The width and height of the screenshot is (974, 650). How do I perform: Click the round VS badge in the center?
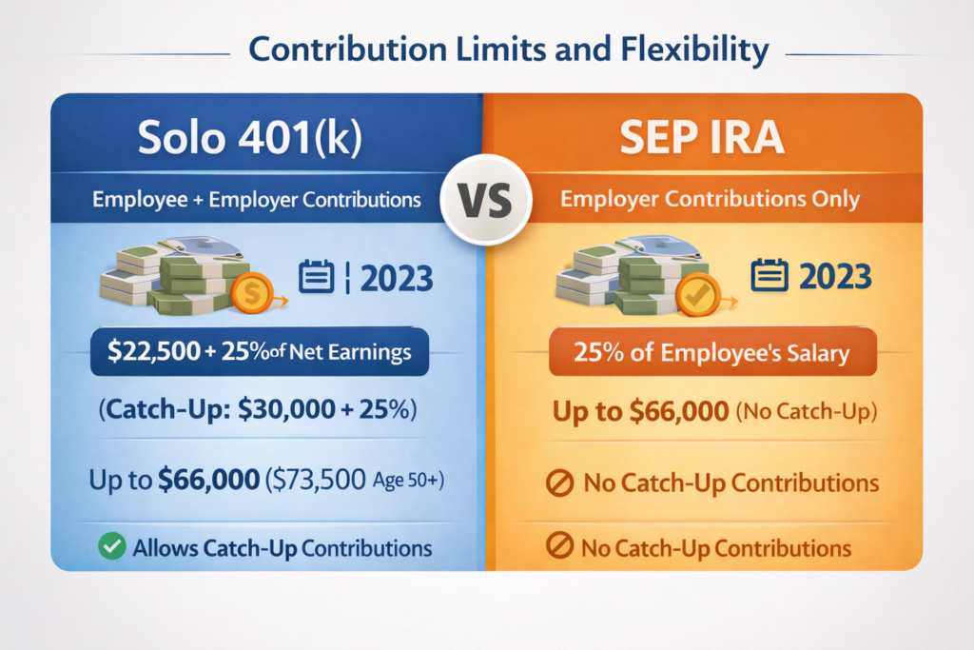[x=486, y=200]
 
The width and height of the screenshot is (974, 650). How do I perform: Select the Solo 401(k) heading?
[x=250, y=137]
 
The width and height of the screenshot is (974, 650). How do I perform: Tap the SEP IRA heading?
[x=702, y=137]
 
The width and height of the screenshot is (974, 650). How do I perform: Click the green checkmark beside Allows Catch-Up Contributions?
[x=112, y=546]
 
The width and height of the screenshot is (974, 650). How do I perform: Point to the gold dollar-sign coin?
[x=251, y=293]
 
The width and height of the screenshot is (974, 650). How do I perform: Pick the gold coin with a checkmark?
[x=697, y=295]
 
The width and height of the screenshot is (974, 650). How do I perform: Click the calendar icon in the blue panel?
[x=316, y=277]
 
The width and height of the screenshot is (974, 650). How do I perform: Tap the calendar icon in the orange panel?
[x=769, y=275]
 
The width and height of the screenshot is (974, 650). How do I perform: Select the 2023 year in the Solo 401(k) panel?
[x=397, y=279]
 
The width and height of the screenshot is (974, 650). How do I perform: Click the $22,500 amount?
[x=154, y=352]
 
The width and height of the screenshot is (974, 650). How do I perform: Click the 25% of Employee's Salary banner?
[x=712, y=352]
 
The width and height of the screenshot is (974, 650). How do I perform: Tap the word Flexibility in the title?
[x=694, y=49]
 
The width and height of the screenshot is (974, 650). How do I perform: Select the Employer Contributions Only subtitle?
[x=710, y=200]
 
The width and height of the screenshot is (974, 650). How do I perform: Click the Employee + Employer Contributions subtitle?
[x=257, y=200]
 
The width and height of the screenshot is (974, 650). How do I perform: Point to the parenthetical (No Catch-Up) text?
[x=807, y=411]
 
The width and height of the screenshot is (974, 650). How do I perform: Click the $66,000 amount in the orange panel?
[x=679, y=411]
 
